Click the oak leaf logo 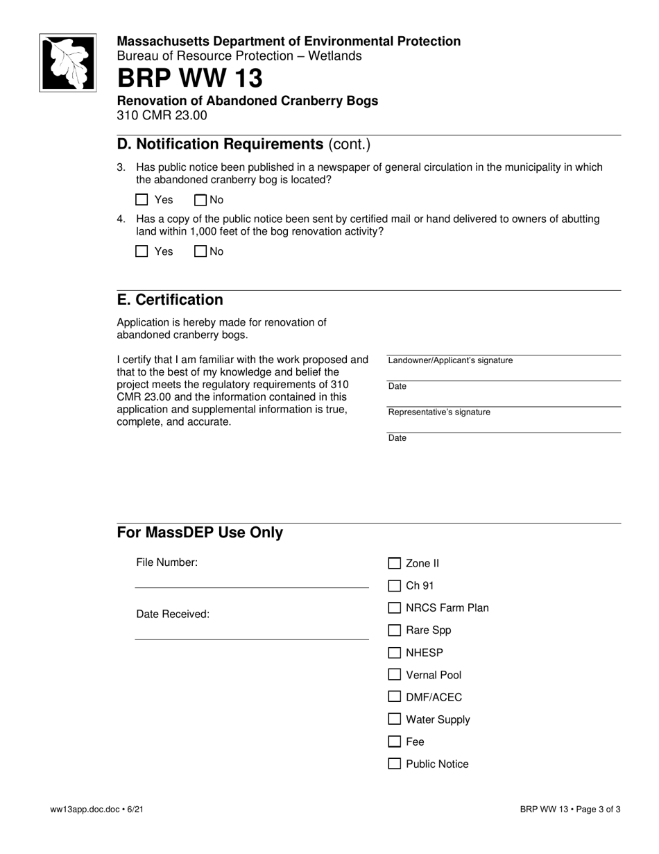tap(67, 62)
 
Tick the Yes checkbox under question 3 tap(142, 200)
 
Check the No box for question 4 tap(201, 251)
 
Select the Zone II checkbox tap(395, 563)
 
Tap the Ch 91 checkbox tap(395, 585)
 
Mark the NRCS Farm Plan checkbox tap(395, 608)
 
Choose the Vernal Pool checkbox tap(395, 674)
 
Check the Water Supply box tap(395, 719)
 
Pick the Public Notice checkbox tap(395, 764)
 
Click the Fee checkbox tap(395, 742)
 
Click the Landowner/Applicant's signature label tap(450, 360)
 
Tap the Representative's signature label tap(438, 412)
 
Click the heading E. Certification tap(170, 300)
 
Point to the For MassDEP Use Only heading tap(200, 533)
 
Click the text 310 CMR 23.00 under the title tap(162, 115)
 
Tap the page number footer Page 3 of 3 tap(570, 809)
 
